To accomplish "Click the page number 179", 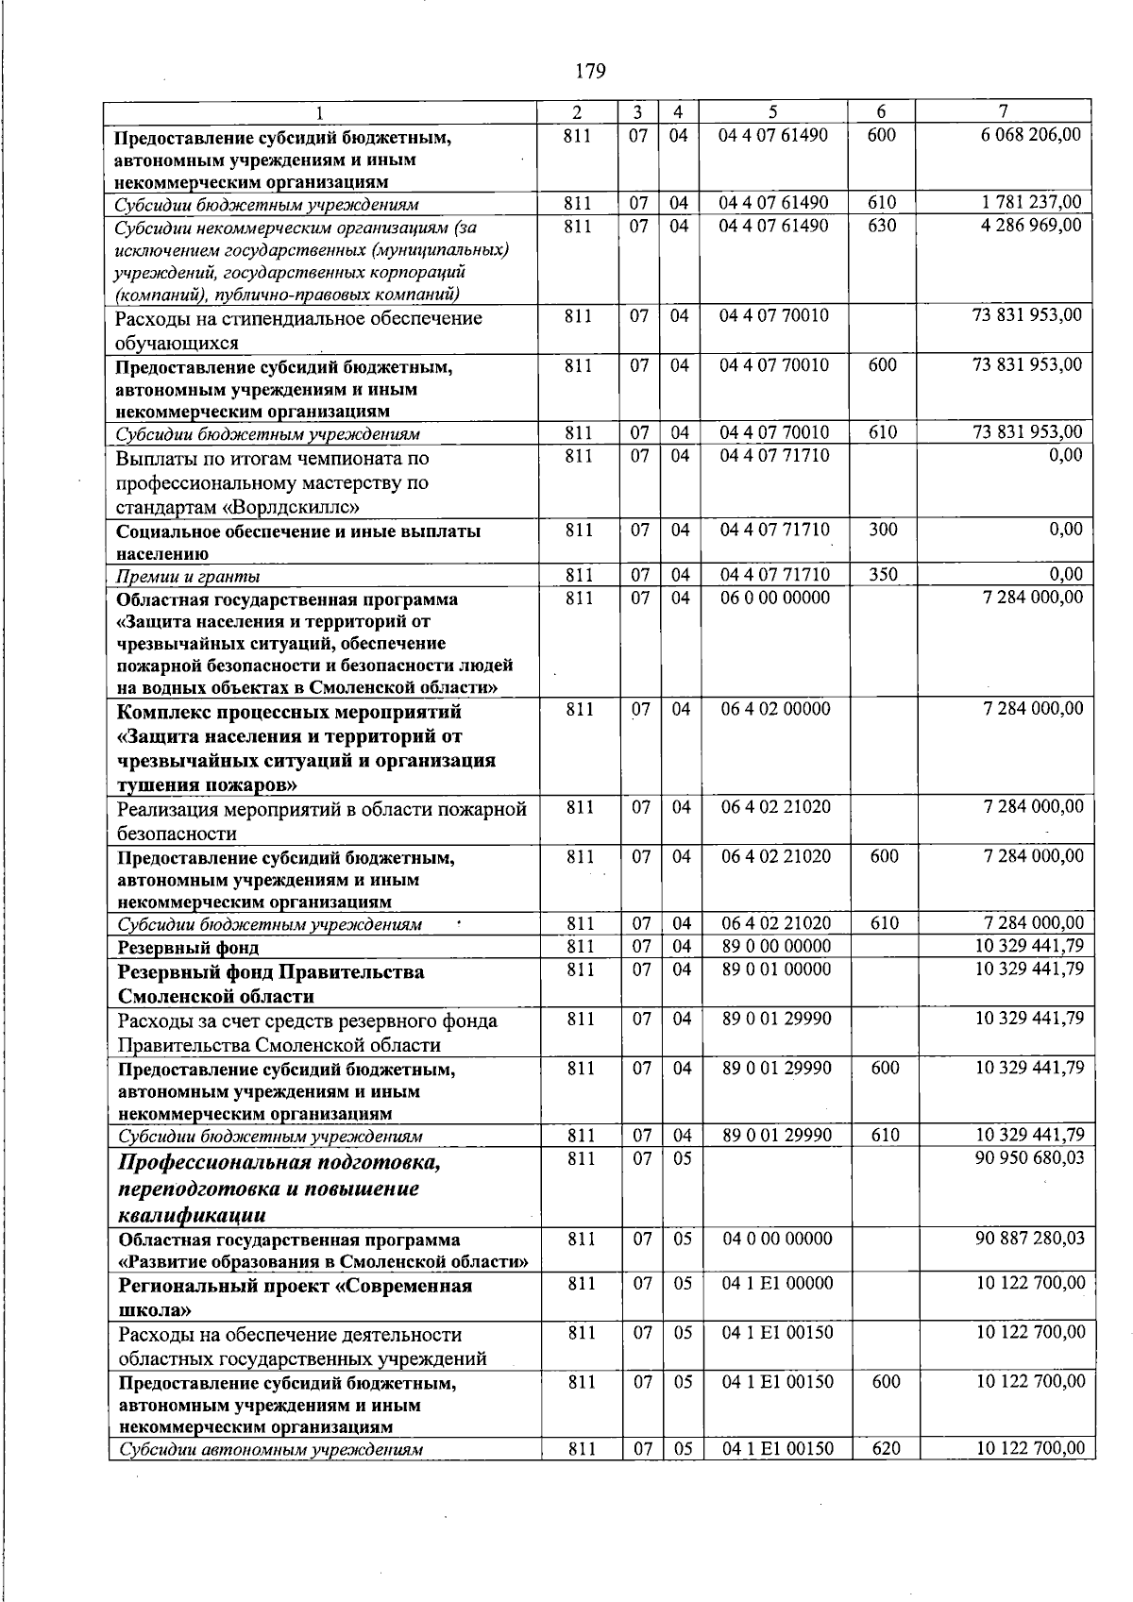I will pos(589,71).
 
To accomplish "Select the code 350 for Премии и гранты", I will pos(883,574).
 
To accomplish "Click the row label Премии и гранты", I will pos(188,576).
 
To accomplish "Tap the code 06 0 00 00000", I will pos(774,597).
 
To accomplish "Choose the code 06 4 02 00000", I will pos(775,708).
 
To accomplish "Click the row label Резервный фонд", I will pos(188,947).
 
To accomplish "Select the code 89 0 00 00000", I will pos(776,946).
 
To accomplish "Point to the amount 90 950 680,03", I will pos(1029,1157).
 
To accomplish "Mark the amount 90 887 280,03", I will pos(1029,1238).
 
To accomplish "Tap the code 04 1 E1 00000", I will pos(777,1283).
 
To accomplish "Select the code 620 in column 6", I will pos(886,1448).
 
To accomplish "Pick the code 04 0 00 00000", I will pos(777,1238).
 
